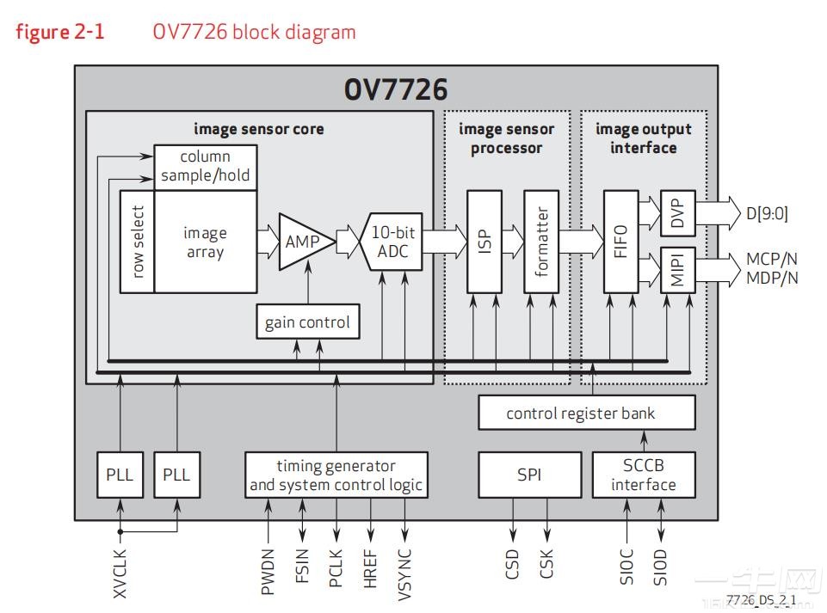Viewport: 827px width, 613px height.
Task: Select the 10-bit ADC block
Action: click(394, 242)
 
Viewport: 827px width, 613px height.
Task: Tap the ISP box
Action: click(484, 242)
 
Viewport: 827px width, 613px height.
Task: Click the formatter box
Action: click(540, 242)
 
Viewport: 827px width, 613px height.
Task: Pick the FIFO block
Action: click(621, 242)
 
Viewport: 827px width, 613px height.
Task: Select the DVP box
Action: click(677, 212)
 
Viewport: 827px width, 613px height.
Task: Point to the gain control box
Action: click(307, 322)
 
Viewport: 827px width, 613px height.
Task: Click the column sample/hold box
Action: click(205, 167)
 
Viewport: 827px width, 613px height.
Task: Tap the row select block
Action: click(138, 242)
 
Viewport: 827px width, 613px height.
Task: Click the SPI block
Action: click(528, 475)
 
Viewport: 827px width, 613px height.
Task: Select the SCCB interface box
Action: click(644, 475)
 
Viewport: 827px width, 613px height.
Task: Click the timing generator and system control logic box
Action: click(336, 475)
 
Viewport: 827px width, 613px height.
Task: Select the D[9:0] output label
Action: click(767, 212)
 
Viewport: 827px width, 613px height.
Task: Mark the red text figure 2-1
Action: click(60, 33)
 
